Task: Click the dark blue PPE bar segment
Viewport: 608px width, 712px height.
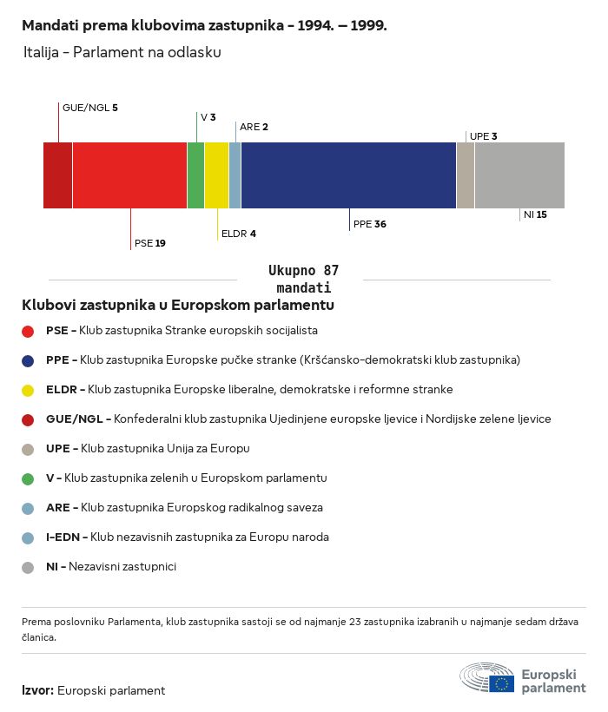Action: (x=348, y=175)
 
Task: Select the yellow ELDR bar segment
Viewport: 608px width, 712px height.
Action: (x=216, y=175)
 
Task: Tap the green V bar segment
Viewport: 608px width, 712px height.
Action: (x=195, y=175)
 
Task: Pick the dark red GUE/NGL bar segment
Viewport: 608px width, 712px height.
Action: (x=57, y=175)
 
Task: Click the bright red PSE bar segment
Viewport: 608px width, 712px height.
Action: (x=129, y=175)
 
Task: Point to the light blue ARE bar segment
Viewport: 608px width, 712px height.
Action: (x=235, y=175)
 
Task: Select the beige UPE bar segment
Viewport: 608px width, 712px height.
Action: (x=466, y=175)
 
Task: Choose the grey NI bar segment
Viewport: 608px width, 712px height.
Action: (x=520, y=175)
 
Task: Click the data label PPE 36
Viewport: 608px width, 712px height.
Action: (x=370, y=224)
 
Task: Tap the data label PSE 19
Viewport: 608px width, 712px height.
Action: (x=150, y=243)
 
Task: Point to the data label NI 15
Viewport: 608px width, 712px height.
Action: (x=535, y=214)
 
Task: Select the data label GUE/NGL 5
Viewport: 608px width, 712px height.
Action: (x=90, y=108)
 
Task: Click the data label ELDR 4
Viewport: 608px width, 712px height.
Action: (x=238, y=234)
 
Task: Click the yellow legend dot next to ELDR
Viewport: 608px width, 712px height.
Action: (x=28, y=390)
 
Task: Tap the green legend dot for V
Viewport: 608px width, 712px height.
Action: (x=28, y=478)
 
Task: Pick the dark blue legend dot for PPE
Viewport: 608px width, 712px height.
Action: (x=28, y=360)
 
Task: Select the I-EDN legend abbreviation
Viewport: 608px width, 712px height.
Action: (x=63, y=537)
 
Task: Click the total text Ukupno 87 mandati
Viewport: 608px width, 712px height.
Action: (x=303, y=279)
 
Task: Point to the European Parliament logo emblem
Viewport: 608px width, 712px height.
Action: (x=486, y=677)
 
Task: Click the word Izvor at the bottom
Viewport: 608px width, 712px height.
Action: (x=37, y=690)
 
